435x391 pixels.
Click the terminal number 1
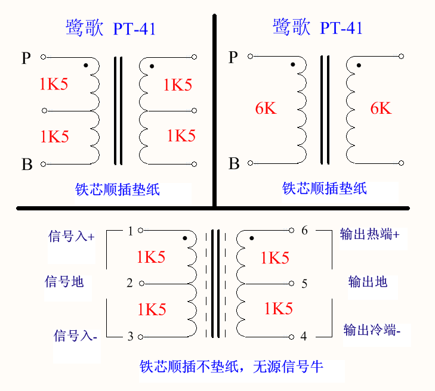point(131,231)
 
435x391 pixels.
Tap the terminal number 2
point(130,283)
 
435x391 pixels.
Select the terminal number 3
point(130,337)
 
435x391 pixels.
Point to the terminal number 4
point(303,337)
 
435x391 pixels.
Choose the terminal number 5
point(304,284)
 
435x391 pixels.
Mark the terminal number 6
point(304,231)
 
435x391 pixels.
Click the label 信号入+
point(71,237)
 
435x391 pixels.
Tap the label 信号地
point(64,281)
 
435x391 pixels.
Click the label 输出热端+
point(369,234)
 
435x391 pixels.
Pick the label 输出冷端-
point(372,330)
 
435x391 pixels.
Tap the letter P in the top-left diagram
point(26,58)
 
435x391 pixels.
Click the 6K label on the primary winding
point(266,108)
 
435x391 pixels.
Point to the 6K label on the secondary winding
point(381,108)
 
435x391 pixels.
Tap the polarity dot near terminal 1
point(186,238)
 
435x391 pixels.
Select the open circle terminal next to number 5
point(291,284)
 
